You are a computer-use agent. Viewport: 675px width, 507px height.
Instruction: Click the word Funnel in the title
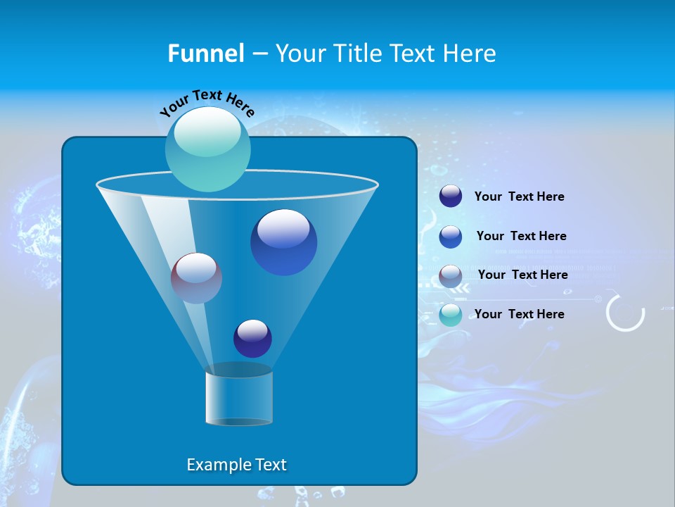(x=205, y=54)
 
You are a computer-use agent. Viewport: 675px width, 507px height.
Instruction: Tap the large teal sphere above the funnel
(x=207, y=149)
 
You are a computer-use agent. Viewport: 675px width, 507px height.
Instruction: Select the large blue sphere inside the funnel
(x=283, y=242)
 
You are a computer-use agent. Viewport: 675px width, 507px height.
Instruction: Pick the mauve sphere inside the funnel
(x=196, y=278)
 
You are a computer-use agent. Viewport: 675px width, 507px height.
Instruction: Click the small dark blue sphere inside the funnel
(x=252, y=338)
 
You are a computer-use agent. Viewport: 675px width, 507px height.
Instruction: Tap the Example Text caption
(x=236, y=465)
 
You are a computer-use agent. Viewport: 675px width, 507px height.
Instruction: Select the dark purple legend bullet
(x=451, y=196)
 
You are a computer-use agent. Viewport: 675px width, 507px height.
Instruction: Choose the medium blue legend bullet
(x=451, y=237)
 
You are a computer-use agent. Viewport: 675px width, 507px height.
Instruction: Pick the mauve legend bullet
(x=451, y=276)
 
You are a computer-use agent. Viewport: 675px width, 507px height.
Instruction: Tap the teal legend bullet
(x=451, y=315)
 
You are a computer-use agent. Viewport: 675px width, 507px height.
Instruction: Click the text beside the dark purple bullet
(x=519, y=196)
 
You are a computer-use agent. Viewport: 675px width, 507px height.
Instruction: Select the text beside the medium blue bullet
(x=521, y=236)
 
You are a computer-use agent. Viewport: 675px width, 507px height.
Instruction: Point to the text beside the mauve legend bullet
(x=522, y=275)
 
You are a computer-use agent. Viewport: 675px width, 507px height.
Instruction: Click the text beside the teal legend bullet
(x=519, y=314)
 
